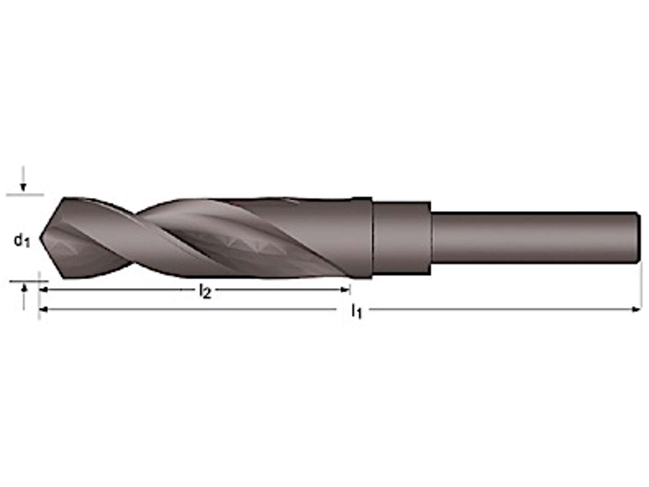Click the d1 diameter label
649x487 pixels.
[22, 241]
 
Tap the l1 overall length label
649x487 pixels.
[356, 311]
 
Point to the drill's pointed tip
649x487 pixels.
[40, 237]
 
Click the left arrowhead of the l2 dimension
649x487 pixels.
[43, 290]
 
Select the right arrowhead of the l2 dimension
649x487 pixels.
[345, 290]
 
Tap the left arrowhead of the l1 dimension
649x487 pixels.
[43, 309]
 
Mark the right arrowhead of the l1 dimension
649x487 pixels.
[636, 309]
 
